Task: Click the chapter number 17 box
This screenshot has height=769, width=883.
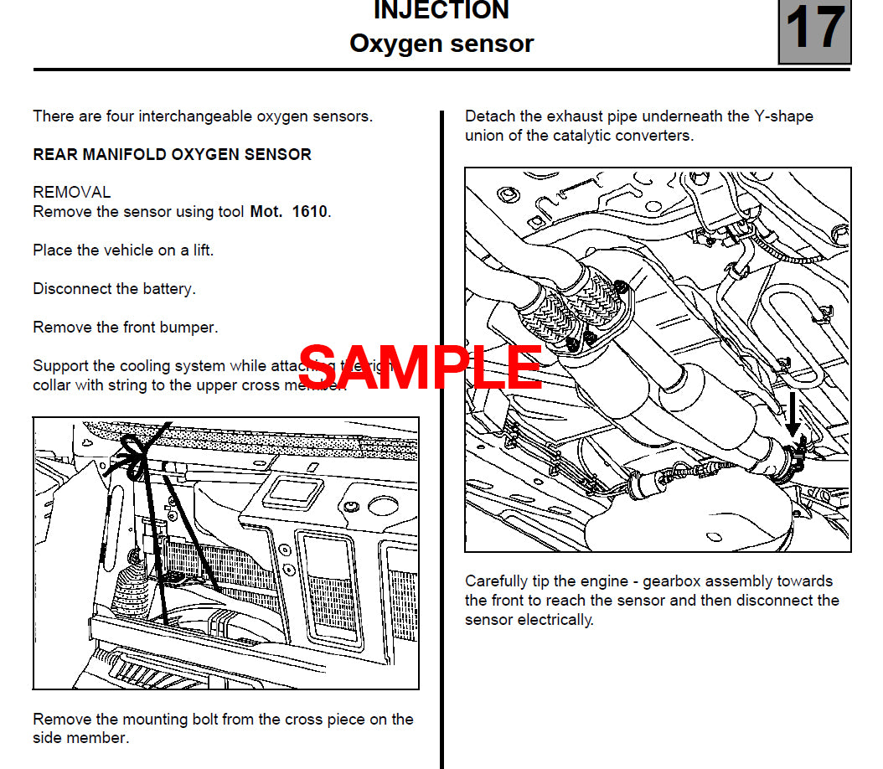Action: [x=813, y=31]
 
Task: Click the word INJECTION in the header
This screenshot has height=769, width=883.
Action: [x=441, y=10]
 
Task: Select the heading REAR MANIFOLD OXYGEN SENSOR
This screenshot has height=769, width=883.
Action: [x=172, y=154]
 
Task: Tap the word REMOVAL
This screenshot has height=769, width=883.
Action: [x=71, y=193]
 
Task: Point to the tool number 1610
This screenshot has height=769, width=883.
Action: [x=310, y=212]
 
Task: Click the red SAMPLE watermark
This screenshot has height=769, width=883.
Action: [x=421, y=367]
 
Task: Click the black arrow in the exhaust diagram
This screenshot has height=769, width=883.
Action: [x=792, y=416]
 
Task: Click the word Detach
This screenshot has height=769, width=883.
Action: [x=489, y=116]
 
